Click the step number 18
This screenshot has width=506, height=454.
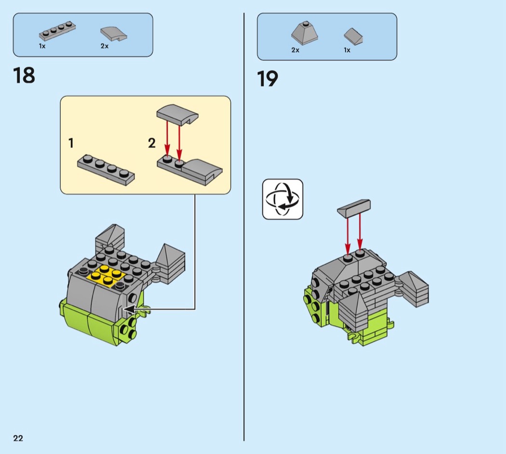coord(24,76)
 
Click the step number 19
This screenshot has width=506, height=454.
coord(267,79)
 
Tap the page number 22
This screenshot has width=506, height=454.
coord(18,438)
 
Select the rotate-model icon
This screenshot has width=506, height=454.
coord(283,199)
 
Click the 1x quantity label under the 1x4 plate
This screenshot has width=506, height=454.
coord(42,46)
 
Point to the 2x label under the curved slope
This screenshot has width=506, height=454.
coord(105,46)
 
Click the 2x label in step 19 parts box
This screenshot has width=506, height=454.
coord(295,50)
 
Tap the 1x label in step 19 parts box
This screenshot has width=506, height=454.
coord(347,50)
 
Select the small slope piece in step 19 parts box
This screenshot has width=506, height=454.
coord(353,36)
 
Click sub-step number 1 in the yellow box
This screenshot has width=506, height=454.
coord(71,143)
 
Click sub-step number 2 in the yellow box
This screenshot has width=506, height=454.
coord(152,143)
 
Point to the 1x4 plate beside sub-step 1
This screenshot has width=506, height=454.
coord(106,169)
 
